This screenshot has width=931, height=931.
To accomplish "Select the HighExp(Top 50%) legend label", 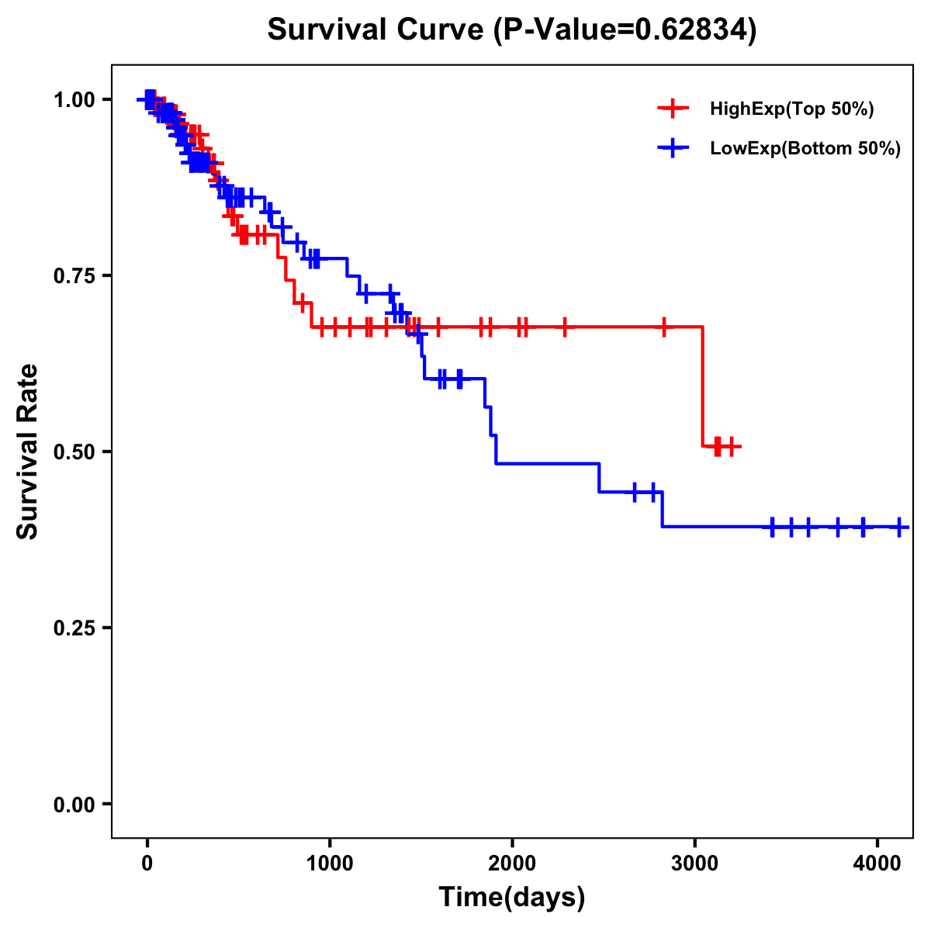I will [x=792, y=109].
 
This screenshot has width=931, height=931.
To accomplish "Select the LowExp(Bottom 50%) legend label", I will [x=805, y=149].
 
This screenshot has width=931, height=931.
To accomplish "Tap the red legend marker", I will [x=673, y=109].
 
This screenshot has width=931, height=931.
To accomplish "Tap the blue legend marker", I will [x=673, y=148].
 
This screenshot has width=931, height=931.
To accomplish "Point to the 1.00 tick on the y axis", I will [x=74, y=99].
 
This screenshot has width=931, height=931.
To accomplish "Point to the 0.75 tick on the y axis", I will [x=74, y=275].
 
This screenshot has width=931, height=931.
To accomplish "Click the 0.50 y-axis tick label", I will [x=74, y=452].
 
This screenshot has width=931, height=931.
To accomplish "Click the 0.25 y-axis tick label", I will [x=74, y=628].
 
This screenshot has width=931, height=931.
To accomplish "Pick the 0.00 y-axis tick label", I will [x=74, y=804].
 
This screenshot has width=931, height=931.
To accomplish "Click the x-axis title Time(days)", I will [x=512, y=898].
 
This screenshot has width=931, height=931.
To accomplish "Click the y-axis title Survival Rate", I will [x=28, y=452].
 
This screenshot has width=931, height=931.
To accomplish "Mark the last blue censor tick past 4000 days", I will [x=898, y=528].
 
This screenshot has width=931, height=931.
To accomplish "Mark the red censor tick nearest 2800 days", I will [x=664, y=327].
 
